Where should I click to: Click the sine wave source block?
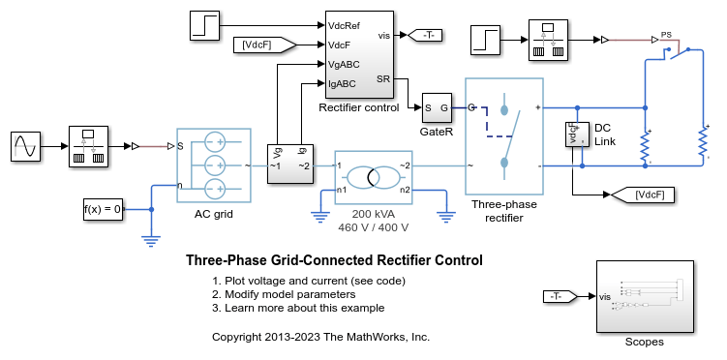click(x=25, y=147)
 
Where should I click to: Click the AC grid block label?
click(x=213, y=214)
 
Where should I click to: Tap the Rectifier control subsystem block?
click(x=357, y=56)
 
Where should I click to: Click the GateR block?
click(x=436, y=107)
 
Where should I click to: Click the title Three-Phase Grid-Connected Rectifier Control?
click(x=333, y=260)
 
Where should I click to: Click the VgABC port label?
click(x=342, y=64)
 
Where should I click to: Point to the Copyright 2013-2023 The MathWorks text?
click(x=320, y=337)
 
